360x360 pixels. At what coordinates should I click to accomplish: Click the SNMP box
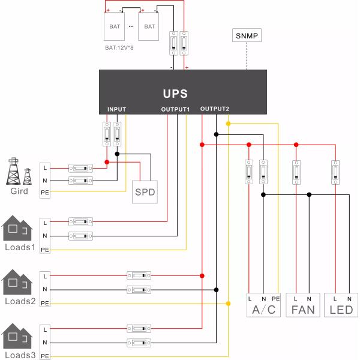(247, 36)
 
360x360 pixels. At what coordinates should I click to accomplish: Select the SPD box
(145, 192)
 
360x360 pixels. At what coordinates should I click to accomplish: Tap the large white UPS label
(175, 94)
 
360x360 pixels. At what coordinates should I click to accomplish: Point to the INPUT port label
(116, 110)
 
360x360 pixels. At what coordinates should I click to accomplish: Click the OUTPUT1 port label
(175, 110)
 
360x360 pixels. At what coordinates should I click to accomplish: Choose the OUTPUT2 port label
(215, 109)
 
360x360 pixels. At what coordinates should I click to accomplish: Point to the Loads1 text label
(20, 247)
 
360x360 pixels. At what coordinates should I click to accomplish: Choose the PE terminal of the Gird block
(44, 192)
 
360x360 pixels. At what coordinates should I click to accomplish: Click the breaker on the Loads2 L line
(139, 275)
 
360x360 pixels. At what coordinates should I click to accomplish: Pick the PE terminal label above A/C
(275, 298)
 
